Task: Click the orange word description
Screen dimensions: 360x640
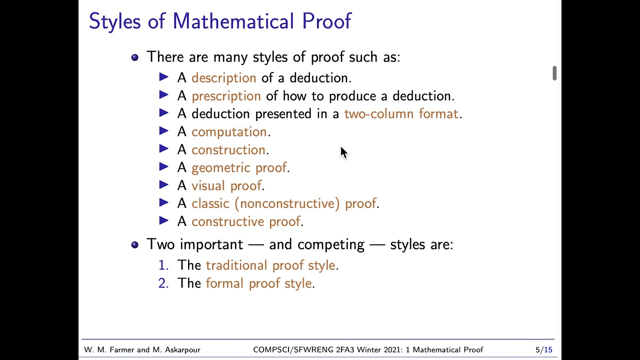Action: (223, 78)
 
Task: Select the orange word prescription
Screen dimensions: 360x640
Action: (226, 96)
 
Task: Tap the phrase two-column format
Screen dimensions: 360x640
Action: (401, 114)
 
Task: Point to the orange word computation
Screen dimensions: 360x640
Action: (229, 132)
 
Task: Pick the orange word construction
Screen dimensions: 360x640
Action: (228, 150)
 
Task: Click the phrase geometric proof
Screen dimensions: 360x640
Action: (239, 168)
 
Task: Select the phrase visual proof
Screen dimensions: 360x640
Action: (226, 186)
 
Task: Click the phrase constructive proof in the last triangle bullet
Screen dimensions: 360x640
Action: (245, 221)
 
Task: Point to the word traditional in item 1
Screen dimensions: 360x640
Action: (236, 265)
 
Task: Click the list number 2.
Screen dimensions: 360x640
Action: (163, 283)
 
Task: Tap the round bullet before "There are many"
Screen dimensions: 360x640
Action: (134, 57)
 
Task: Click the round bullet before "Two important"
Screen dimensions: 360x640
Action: (134, 244)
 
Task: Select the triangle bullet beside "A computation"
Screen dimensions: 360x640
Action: (163, 131)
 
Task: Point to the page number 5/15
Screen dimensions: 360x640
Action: (543, 350)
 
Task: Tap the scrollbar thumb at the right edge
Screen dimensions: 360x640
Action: (554, 73)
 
